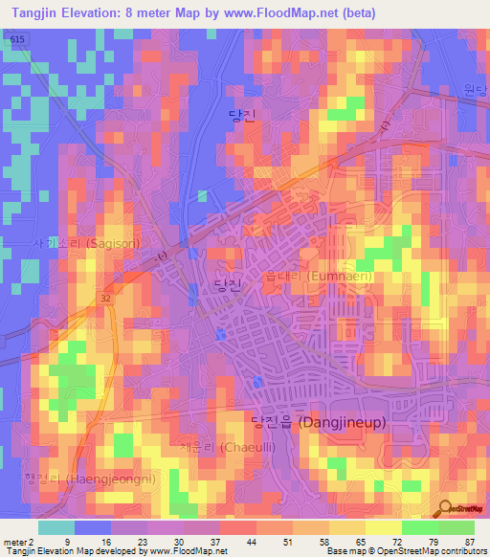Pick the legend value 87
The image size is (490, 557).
tap(469, 541)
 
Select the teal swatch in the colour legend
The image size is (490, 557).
tap(56, 527)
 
